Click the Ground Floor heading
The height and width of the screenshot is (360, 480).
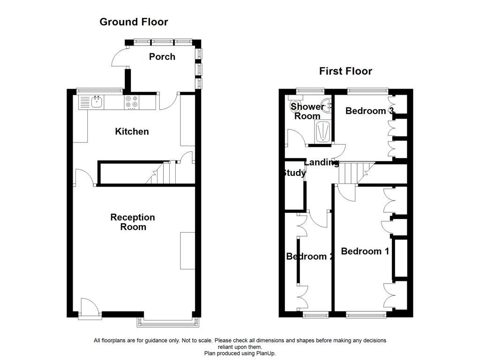coord(134,22)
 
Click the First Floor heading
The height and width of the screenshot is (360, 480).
coord(345,71)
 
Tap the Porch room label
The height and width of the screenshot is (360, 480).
coord(162,57)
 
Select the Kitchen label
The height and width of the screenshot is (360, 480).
coord(132,132)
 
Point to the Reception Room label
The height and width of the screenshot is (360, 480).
coord(133,222)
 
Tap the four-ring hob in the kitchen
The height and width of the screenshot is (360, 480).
coord(131,102)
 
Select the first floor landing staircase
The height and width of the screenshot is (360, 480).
coord(355,173)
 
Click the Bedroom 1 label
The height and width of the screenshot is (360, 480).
coord(365,251)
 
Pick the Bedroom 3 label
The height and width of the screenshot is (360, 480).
coord(369,111)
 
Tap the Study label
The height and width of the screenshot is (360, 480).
coord(294,173)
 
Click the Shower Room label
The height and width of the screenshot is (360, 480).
coord(307,111)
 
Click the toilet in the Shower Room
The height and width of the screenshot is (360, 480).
coord(295,104)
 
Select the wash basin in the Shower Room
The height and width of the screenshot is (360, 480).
coord(326,104)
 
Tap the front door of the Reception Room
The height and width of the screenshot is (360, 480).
coord(89,309)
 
